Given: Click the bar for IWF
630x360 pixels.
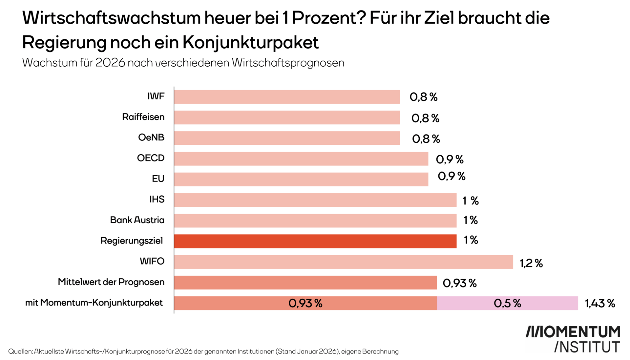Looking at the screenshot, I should [x=287, y=97].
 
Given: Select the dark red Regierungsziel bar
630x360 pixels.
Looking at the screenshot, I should [x=315, y=241].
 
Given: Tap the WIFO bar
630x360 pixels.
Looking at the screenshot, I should [x=343, y=262].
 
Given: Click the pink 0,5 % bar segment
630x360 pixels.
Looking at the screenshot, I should [x=507, y=303].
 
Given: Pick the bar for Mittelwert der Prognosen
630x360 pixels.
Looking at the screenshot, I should [x=305, y=283].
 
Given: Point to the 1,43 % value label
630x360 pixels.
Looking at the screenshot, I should [x=600, y=304].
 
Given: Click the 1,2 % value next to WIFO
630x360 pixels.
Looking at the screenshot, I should [x=531, y=263].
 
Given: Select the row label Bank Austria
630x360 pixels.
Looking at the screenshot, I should [x=137, y=220].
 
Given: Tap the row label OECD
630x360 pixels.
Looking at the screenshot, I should [x=151, y=158].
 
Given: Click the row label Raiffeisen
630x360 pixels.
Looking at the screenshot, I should [x=143, y=117].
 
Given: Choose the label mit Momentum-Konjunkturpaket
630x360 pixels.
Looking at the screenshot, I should [x=94, y=303].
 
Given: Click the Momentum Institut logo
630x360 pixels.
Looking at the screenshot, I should [x=573, y=339].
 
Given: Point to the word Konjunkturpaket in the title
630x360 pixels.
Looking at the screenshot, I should [x=250, y=43].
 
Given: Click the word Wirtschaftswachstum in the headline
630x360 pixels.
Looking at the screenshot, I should [x=112, y=18].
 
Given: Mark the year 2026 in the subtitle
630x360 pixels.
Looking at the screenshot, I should [x=110, y=63].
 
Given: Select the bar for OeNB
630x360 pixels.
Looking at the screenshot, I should [x=287, y=138].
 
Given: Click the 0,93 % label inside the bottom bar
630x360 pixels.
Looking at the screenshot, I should [x=305, y=303].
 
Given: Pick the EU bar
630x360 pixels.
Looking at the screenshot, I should [x=301, y=179].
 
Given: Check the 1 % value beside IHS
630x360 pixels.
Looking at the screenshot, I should [x=470, y=201].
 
